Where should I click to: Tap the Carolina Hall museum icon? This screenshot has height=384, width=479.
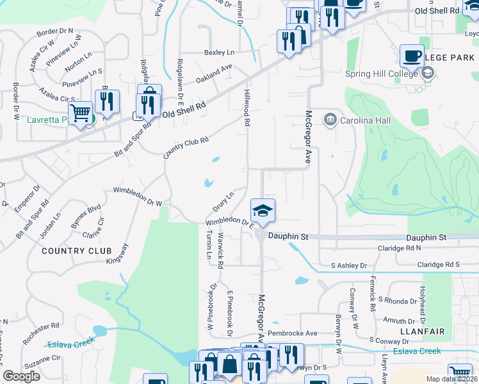(330, 119)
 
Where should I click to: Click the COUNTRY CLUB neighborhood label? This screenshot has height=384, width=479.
(72, 251)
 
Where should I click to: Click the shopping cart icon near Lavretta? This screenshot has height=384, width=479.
(80, 113)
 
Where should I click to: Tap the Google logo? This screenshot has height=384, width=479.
(22, 376)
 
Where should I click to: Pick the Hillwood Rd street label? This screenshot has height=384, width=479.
(247, 108)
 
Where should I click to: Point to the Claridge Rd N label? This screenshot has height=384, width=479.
(400, 248)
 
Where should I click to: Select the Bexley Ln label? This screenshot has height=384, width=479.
(219, 52)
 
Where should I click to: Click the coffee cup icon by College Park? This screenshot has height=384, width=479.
(412, 56)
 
